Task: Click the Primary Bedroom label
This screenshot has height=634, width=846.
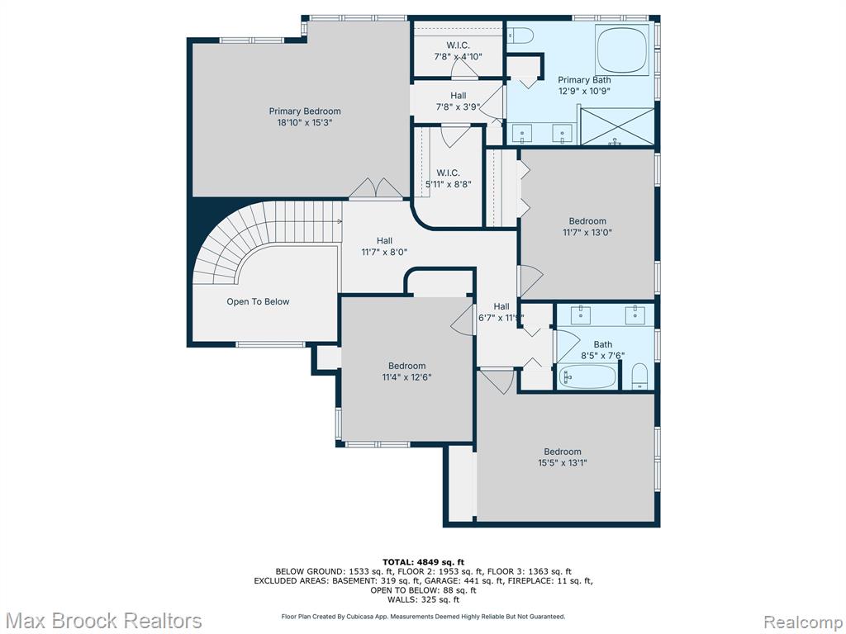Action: (x=305, y=111)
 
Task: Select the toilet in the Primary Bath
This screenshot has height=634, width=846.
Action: (x=520, y=35)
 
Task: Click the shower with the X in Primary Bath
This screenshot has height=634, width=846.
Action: (x=616, y=126)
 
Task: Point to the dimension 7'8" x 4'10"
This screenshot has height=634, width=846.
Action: (x=458, y=56)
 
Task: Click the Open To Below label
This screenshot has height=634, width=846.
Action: (x=258, y=301)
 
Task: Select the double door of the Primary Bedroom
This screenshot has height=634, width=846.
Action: (x=376, y=188)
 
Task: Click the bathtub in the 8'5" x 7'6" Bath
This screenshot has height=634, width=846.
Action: (x=587, y=376)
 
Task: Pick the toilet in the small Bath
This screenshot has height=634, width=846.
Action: (x=639, y=376)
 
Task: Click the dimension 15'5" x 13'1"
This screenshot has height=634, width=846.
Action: (x=562, y=462)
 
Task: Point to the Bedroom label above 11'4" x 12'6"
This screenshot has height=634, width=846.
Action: (x=406, y=366)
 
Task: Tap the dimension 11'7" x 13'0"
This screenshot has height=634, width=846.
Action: (x=587, y=232)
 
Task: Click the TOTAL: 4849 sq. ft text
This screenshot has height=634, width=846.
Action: (x=423, y=562)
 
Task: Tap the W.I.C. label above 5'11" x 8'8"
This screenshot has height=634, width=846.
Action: (x=448, y=173)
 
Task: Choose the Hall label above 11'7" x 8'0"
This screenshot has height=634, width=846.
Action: (x=384, y=240)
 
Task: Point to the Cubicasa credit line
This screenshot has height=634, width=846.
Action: (x=423, y=616)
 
